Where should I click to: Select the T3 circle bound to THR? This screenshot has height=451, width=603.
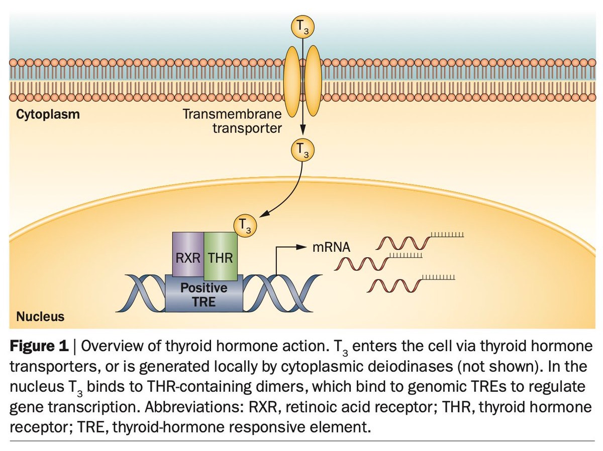click(x=245, y=226)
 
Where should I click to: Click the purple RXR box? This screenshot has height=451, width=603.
click(x=188, y=253)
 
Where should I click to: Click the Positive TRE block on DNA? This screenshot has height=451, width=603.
click(x=204, y=294)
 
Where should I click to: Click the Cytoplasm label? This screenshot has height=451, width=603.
click(x=48, y=114)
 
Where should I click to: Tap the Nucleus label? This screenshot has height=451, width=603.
click(x=40, y=317)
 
